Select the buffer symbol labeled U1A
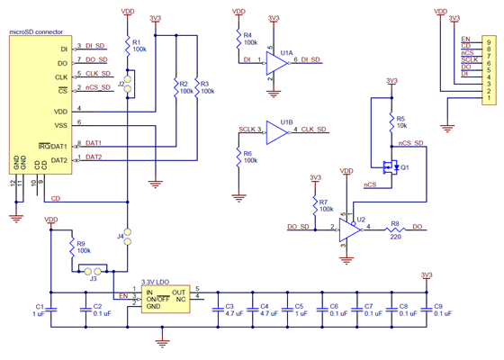point(275,62)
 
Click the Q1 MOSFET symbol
point(391,166)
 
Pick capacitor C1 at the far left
point(50,308)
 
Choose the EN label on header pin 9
point(464,40)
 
